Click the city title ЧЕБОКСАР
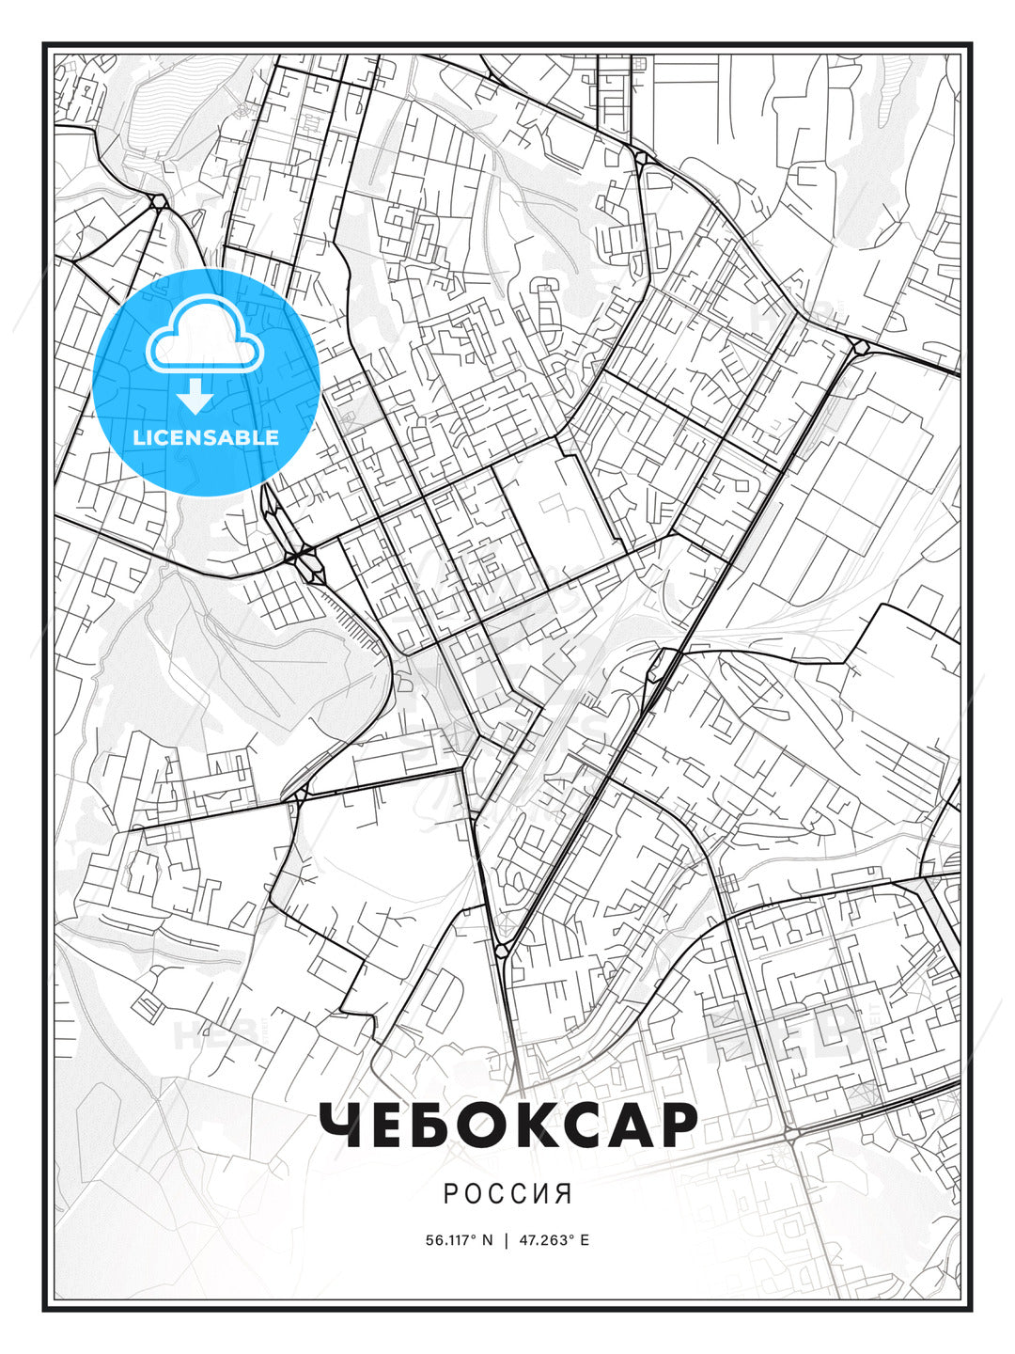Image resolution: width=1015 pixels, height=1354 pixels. pos(507,1124)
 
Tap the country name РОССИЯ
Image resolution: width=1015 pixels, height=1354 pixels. pos(507,1194)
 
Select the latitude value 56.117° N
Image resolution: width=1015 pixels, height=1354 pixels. pos(459,1240)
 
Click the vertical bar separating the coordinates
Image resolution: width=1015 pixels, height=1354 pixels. pos(507,1240)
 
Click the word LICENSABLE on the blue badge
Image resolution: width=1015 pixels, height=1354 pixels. pos(206,437)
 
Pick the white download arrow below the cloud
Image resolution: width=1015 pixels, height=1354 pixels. pos(195,397)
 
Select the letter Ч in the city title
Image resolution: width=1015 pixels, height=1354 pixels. pos(342,1125)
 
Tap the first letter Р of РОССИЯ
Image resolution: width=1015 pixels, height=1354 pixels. pos(450,1194)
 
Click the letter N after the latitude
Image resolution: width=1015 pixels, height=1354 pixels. pos(487,1240)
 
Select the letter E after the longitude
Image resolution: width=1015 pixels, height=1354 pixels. pos(585,1240)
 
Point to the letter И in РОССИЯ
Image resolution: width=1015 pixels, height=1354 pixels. pos(542,1194)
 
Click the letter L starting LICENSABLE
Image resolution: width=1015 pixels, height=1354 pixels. pos(138,437)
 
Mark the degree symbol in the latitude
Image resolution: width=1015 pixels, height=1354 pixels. pos(474,1236)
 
